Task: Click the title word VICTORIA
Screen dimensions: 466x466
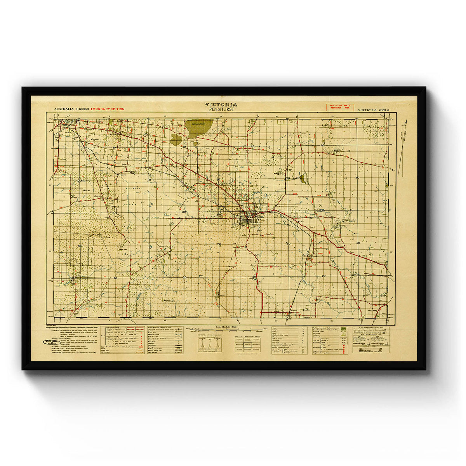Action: coord(221,104)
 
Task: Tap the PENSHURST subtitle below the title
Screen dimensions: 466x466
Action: coord(221,109)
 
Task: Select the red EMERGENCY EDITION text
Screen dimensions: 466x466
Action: coord(108,110)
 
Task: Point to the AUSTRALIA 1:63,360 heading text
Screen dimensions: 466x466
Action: coord(71,110)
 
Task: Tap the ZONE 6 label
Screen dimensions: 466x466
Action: coord(385,110)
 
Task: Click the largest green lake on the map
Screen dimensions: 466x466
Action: coord(198,128)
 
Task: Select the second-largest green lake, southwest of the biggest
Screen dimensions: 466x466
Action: coord(176,139)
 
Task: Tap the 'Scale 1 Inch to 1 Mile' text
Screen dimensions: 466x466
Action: coord(220,327)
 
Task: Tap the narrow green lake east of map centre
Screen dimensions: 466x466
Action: coord(303,179)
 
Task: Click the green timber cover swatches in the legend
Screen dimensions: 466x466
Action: coord(342,330)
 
